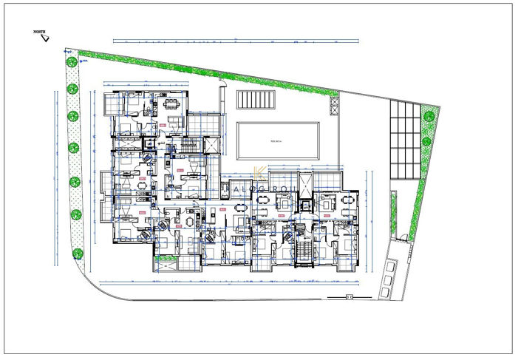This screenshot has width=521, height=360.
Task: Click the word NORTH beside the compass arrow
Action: coord(38,33)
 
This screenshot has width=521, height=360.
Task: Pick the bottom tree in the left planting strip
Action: coord(76,253)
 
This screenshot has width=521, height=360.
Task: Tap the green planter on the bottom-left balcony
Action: coord(167,259)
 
